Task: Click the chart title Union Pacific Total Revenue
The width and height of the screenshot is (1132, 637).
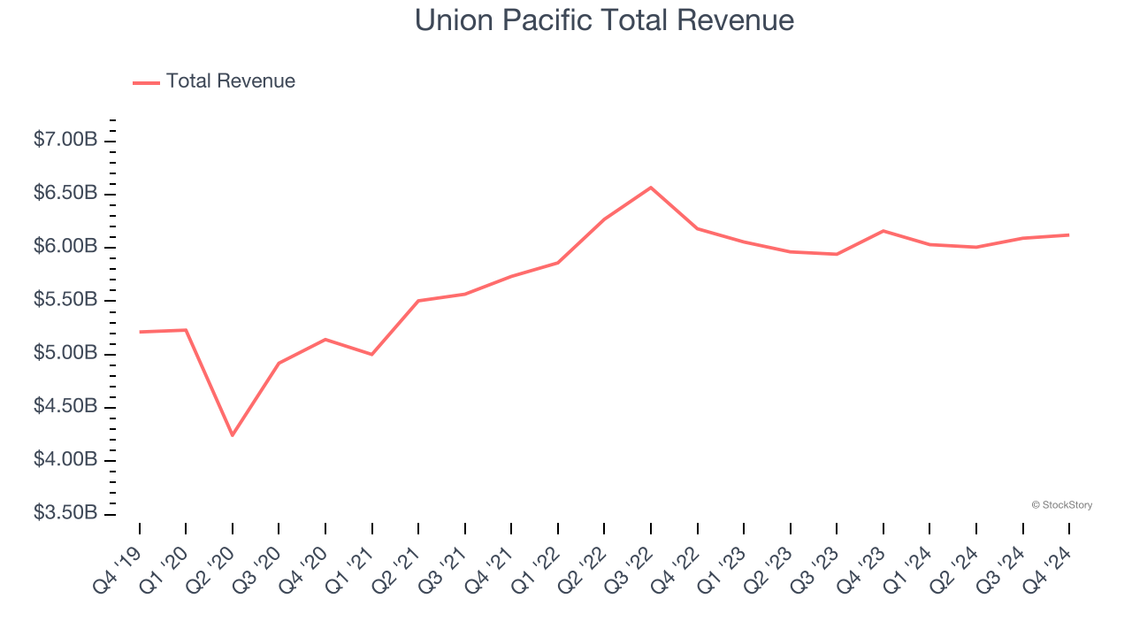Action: pos(604,20)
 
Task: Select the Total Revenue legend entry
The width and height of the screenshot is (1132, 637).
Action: pos(215,81)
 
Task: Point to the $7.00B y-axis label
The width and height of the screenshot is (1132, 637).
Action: pos(65,140)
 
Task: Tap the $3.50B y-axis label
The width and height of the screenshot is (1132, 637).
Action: pos(65,513)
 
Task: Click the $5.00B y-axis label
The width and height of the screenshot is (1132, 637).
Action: pos(65,353)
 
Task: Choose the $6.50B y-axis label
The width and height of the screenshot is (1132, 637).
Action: pos(65,193)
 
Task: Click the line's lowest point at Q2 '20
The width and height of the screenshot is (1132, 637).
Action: pos(233,435)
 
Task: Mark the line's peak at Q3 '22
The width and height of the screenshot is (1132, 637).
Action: pos(651,188)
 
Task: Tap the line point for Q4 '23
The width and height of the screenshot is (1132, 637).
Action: pos(883,231)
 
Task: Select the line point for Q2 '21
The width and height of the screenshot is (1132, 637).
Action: pos(418,301)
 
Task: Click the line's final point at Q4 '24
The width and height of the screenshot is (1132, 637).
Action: pos(1069,234)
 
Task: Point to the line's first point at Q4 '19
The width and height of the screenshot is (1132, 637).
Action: pos(140,332)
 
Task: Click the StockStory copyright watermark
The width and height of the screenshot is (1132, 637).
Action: pos(1061,505)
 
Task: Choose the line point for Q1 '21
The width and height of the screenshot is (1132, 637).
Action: pos(372,354)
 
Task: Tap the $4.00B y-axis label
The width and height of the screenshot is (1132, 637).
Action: pos(65,460)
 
